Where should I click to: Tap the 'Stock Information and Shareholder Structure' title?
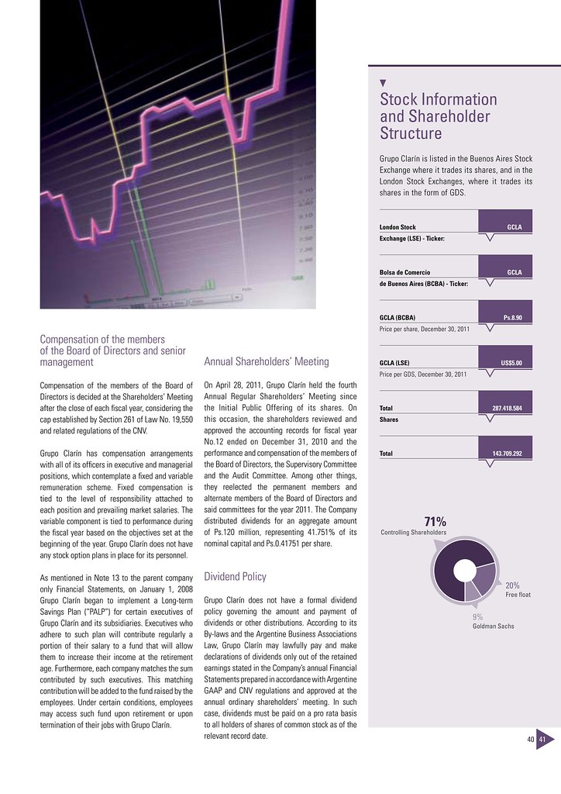point(438,116)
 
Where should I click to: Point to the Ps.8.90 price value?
point(513,318)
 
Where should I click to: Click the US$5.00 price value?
point(511,363)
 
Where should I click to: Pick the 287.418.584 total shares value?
point(507,408)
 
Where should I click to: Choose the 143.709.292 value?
point(507,454)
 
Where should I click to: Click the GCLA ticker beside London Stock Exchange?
point(514,226)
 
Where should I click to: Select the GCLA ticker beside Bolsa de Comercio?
point(514,273)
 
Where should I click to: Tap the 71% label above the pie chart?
point(434,520)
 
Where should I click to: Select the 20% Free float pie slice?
point(485,577)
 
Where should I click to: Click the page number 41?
point(542,740)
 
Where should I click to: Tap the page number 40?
point(531,740)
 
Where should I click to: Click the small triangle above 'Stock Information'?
point(384,82)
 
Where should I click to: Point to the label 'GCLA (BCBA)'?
point(397,318)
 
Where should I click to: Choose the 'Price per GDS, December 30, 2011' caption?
point(422,375)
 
